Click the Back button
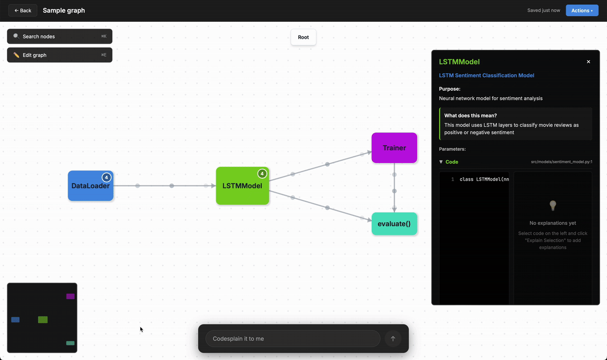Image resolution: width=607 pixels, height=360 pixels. [23, 10]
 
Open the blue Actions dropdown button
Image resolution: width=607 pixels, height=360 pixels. [581, 10]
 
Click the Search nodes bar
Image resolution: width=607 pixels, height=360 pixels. [59, 37]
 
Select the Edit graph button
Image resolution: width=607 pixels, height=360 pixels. [59, 55]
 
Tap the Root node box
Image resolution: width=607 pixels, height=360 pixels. [303, 37]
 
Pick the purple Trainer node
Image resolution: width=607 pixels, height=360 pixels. [394, 148]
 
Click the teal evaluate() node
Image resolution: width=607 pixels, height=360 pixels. [394, 224]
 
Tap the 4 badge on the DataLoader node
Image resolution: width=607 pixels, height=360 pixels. [107, 177]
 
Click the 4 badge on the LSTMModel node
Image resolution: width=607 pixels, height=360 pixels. [262, 174]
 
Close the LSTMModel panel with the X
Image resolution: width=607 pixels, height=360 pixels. [589, 62]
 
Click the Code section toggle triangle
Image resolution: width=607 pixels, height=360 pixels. [441, 162]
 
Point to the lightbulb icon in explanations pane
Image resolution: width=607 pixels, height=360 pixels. [552, 205]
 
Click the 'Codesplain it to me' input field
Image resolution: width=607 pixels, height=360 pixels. [293, 339]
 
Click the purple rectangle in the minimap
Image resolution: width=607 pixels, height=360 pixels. [70, 296]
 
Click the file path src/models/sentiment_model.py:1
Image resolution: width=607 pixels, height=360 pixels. [561, 162]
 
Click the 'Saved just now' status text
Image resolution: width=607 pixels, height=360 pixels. [543, 10]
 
